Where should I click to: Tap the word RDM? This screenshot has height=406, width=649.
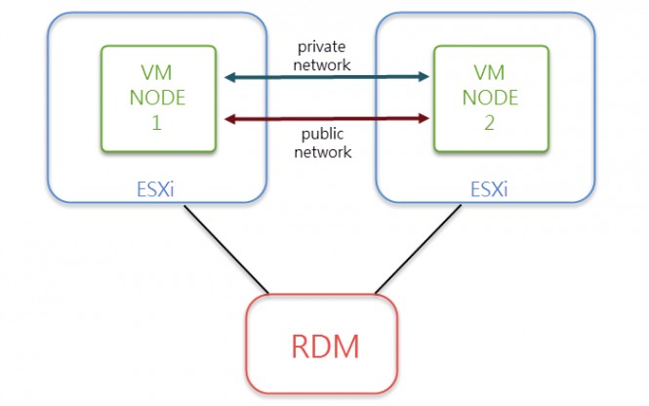(323, 345)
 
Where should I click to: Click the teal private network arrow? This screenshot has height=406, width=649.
(328, 77)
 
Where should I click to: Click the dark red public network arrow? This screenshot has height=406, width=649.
(328, 118)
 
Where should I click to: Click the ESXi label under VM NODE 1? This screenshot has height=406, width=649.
(156, 189)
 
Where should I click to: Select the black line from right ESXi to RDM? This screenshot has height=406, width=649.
(416, 250)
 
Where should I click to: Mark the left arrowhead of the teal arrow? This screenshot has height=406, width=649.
(230, 77)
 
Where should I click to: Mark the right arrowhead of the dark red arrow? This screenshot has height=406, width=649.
(425, 118)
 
